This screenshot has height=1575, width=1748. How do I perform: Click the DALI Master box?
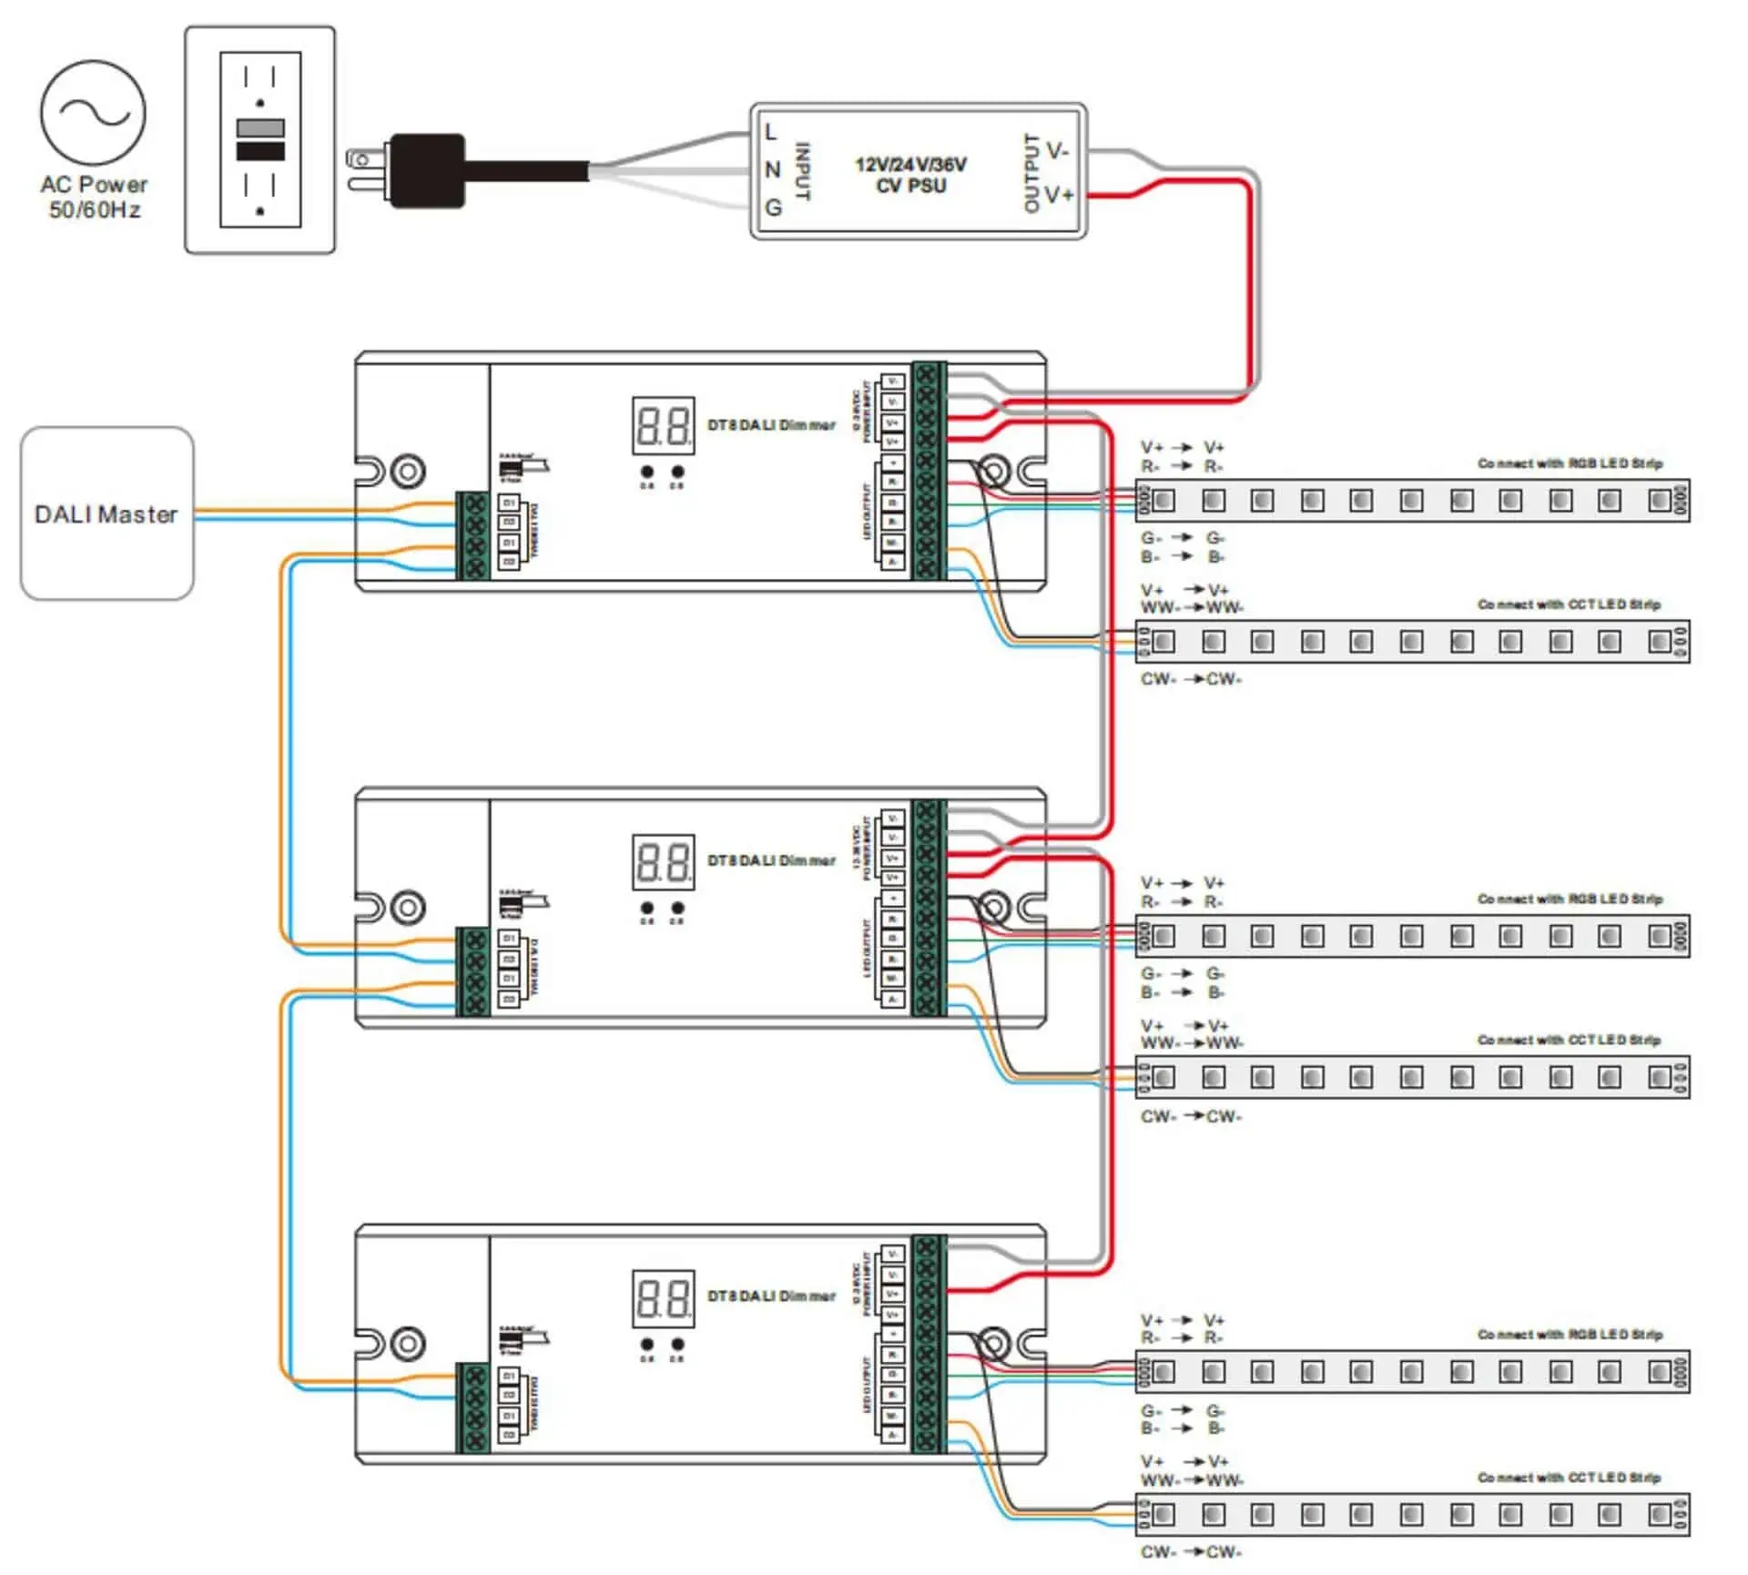pyautogui.click(x=107, y=513)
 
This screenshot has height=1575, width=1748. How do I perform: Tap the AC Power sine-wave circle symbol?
pyautogui.click(x=93, y=113)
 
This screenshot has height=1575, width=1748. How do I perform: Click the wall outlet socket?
pyautogui.click(x=260, y=139)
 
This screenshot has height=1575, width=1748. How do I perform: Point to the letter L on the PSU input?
pyautogui.click(x=771, y=133)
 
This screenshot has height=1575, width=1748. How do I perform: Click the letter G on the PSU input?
pyautogui.click(x=773, y=208)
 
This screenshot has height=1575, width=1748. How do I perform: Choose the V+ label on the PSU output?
pyautogui.click(x=1059, y=195)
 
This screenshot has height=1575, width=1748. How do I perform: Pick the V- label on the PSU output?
pyautogui.click(x=1057, y=150)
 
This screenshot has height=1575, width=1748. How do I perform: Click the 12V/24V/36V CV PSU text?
pyautogui.click(x=910, y=175)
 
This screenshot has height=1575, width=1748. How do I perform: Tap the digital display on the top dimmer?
pyautogui.click(x=663, y=425)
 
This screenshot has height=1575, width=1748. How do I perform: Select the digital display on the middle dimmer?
pyautogui.click(x=663, y=861)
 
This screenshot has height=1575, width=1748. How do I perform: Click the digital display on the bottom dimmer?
pyautogui.click(x=663, y=1297)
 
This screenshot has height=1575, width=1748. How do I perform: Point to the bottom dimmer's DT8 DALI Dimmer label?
pyautogui.click(x=771, y=1296)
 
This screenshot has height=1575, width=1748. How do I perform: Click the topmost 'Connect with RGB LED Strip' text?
pyautogui.click(x=1570, y=463)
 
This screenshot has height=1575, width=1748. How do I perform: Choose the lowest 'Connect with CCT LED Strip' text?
pyautogui.click(x=1569, y=1478)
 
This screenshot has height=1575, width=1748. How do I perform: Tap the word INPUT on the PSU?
pyautogui.click(x=802, y=171)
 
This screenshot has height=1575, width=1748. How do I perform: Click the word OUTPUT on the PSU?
pyautogui.click(x=1032, y=173)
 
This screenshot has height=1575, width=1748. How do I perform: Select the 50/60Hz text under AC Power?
pyautogui.click(x=94, y=210)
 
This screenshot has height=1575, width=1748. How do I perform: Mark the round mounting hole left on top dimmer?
pyautogui.click(x=407, y=472)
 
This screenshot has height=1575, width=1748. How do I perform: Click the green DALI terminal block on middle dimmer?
pyautogui.click(x=473, y=971)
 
